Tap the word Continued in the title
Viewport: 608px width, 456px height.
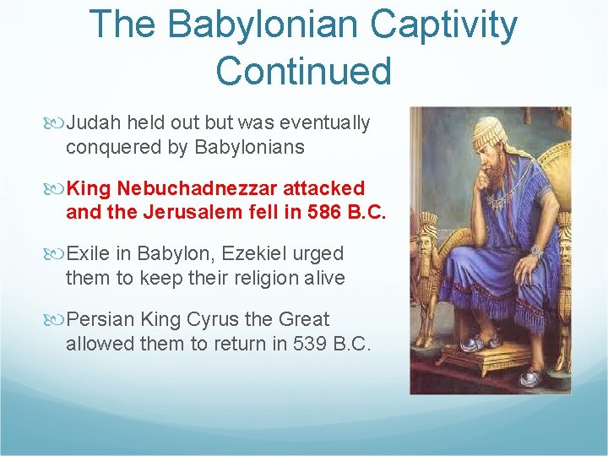(x=304, y=71)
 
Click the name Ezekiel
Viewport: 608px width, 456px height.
(x=250, y=254)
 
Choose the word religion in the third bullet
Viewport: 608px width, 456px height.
(x=263, y=278)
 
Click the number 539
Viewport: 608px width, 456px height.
(x=310, y=344)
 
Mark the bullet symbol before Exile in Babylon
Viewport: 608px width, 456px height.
(x=57, y=254)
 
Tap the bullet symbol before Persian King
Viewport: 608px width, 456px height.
(x=57, y=320)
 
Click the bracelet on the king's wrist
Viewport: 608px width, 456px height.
(x=536, y=251)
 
